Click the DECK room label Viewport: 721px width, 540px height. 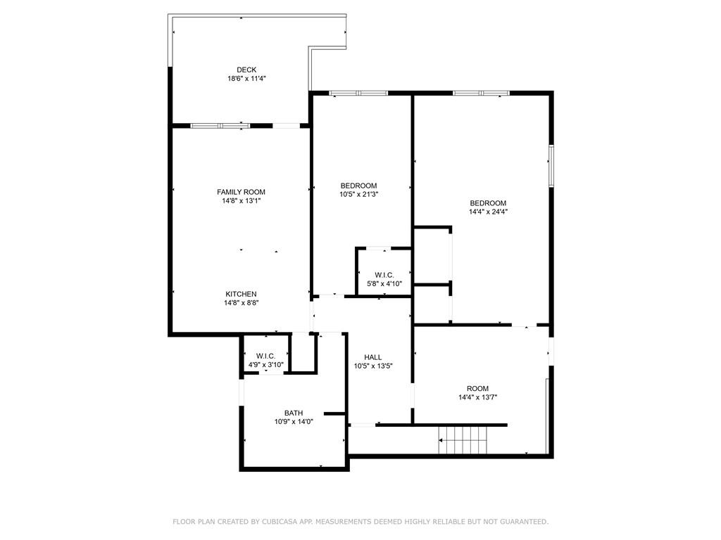[x=246, y=70]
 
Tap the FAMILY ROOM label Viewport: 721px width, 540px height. [x=241, y=192]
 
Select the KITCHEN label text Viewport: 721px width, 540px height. [x=241, y=294]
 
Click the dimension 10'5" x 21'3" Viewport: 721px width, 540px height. [x=358, y=194]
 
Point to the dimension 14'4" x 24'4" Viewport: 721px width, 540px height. [x=488, y=212]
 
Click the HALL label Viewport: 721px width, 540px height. [x=373, y=357]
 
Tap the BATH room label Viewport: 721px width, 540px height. [x=294, y=413]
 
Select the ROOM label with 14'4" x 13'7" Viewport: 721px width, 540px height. [x=478, y=388]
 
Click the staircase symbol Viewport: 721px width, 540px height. [x=462, y=440]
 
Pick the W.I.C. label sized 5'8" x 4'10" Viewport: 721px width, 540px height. [x=384, y=275]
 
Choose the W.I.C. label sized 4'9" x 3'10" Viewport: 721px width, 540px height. [x=265, y=356]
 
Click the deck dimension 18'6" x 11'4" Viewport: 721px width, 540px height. [x=246, y=79]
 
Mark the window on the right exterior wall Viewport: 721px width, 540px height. [x=551, y=166]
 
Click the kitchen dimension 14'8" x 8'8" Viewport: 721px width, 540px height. [x=241, y=302]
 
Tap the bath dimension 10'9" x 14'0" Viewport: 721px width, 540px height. [x=294, y=422]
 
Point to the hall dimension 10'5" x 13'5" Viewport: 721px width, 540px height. [x=373, y=366]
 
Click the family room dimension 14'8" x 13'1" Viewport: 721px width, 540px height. [x=241, y=200]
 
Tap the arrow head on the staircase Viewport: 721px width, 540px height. [x=441, y=440]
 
